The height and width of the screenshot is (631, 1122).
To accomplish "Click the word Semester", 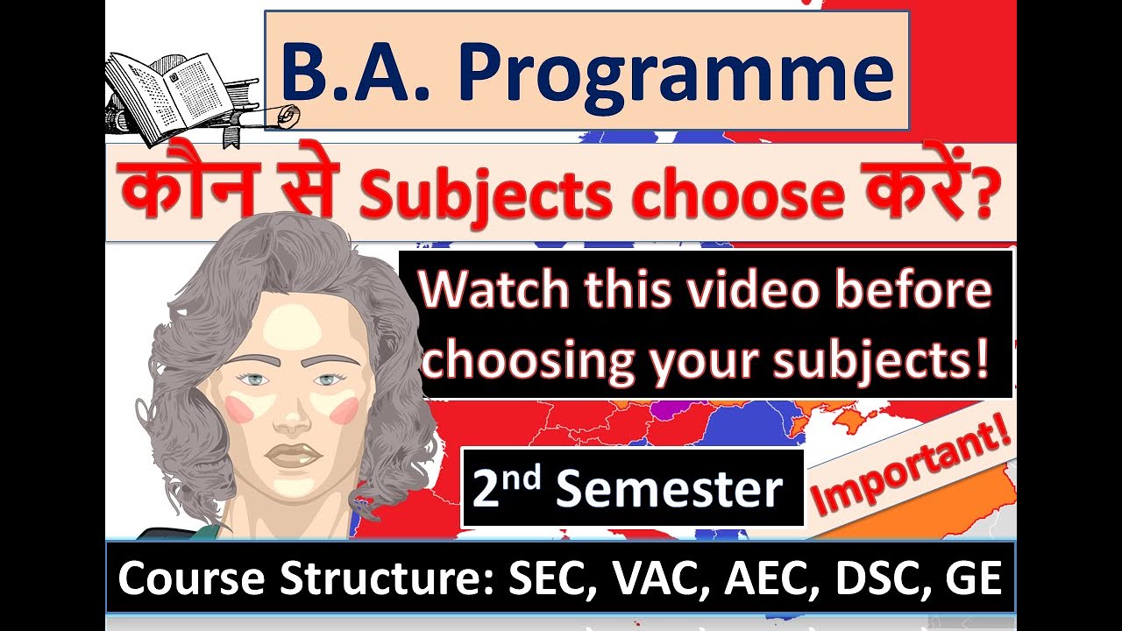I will tap(669, 490).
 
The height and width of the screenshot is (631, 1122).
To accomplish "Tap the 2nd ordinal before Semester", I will tap(508, 487).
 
